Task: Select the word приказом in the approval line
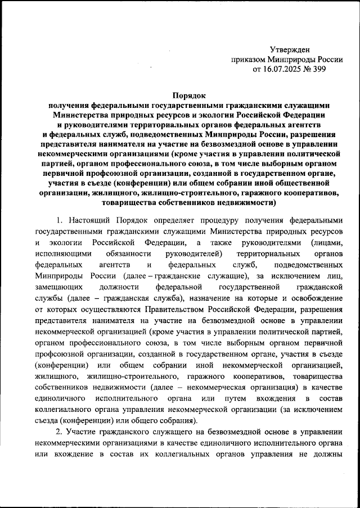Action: point(248,60)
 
